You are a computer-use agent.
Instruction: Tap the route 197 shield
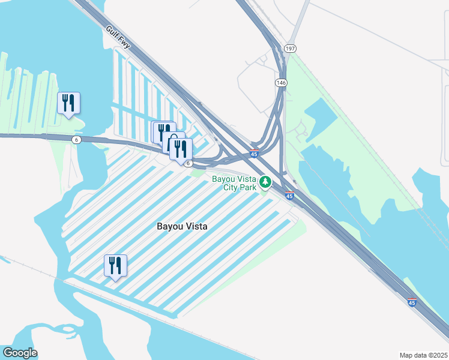(x=290, y=48)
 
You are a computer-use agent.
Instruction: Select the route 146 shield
(x=280, y=82)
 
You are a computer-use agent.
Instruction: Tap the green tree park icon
(x=265, y=181)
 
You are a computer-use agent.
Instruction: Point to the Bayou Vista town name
(x=182, y=227)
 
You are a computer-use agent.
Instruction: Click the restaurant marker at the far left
(x=68, y=103)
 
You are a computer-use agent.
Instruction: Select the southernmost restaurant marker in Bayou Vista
(x=115, y=265)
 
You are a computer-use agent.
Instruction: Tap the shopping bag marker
(x=173, y=142)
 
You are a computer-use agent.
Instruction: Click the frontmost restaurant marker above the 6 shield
(x=181, y=149)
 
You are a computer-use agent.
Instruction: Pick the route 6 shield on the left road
(x=76, y=140)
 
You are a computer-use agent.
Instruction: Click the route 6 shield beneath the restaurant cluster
(x=188, y=163)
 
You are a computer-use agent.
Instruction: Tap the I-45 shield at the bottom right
(x=411, y=303)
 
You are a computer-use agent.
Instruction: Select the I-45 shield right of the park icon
(x=289, y=196)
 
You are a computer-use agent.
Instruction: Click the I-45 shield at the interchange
(x=255, y=154)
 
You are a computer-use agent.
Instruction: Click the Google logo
(x=20, y=353)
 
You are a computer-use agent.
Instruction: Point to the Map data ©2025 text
(x=423, y=355)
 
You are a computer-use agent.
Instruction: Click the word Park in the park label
(x=248, y=188)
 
